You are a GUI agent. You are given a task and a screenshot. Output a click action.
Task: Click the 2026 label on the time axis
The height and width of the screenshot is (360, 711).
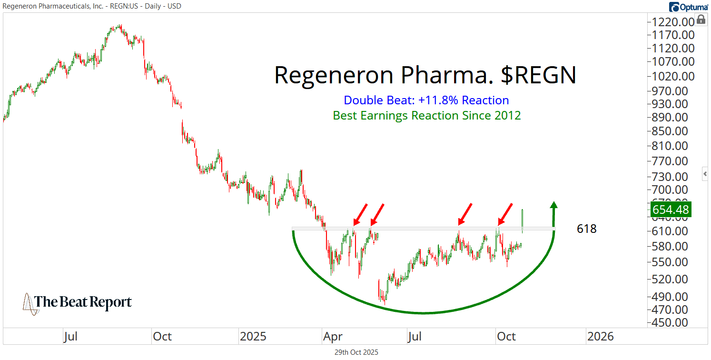600,337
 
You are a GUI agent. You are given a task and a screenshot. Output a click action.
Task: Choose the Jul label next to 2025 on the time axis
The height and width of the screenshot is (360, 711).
415,337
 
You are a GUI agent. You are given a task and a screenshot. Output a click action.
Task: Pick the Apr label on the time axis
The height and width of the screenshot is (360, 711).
333,337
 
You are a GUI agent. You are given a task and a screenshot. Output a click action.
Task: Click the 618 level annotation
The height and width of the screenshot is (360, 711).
586,229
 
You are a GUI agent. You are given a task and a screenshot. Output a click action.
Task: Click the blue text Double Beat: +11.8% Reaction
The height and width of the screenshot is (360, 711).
426,100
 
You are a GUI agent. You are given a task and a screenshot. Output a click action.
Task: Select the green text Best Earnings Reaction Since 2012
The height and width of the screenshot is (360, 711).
426,115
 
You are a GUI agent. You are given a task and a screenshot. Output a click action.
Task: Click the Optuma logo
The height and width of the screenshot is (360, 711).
688,7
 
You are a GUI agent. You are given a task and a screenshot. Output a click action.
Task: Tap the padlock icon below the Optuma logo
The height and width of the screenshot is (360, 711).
701,20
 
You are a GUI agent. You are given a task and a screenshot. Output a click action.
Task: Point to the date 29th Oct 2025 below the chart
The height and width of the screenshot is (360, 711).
355,352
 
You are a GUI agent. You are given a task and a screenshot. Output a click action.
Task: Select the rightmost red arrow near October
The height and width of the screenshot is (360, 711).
505,214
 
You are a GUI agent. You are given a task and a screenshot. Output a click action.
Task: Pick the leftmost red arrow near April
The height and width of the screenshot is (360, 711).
360,214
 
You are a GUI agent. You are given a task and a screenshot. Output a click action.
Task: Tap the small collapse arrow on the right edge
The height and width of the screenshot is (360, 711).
705,174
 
